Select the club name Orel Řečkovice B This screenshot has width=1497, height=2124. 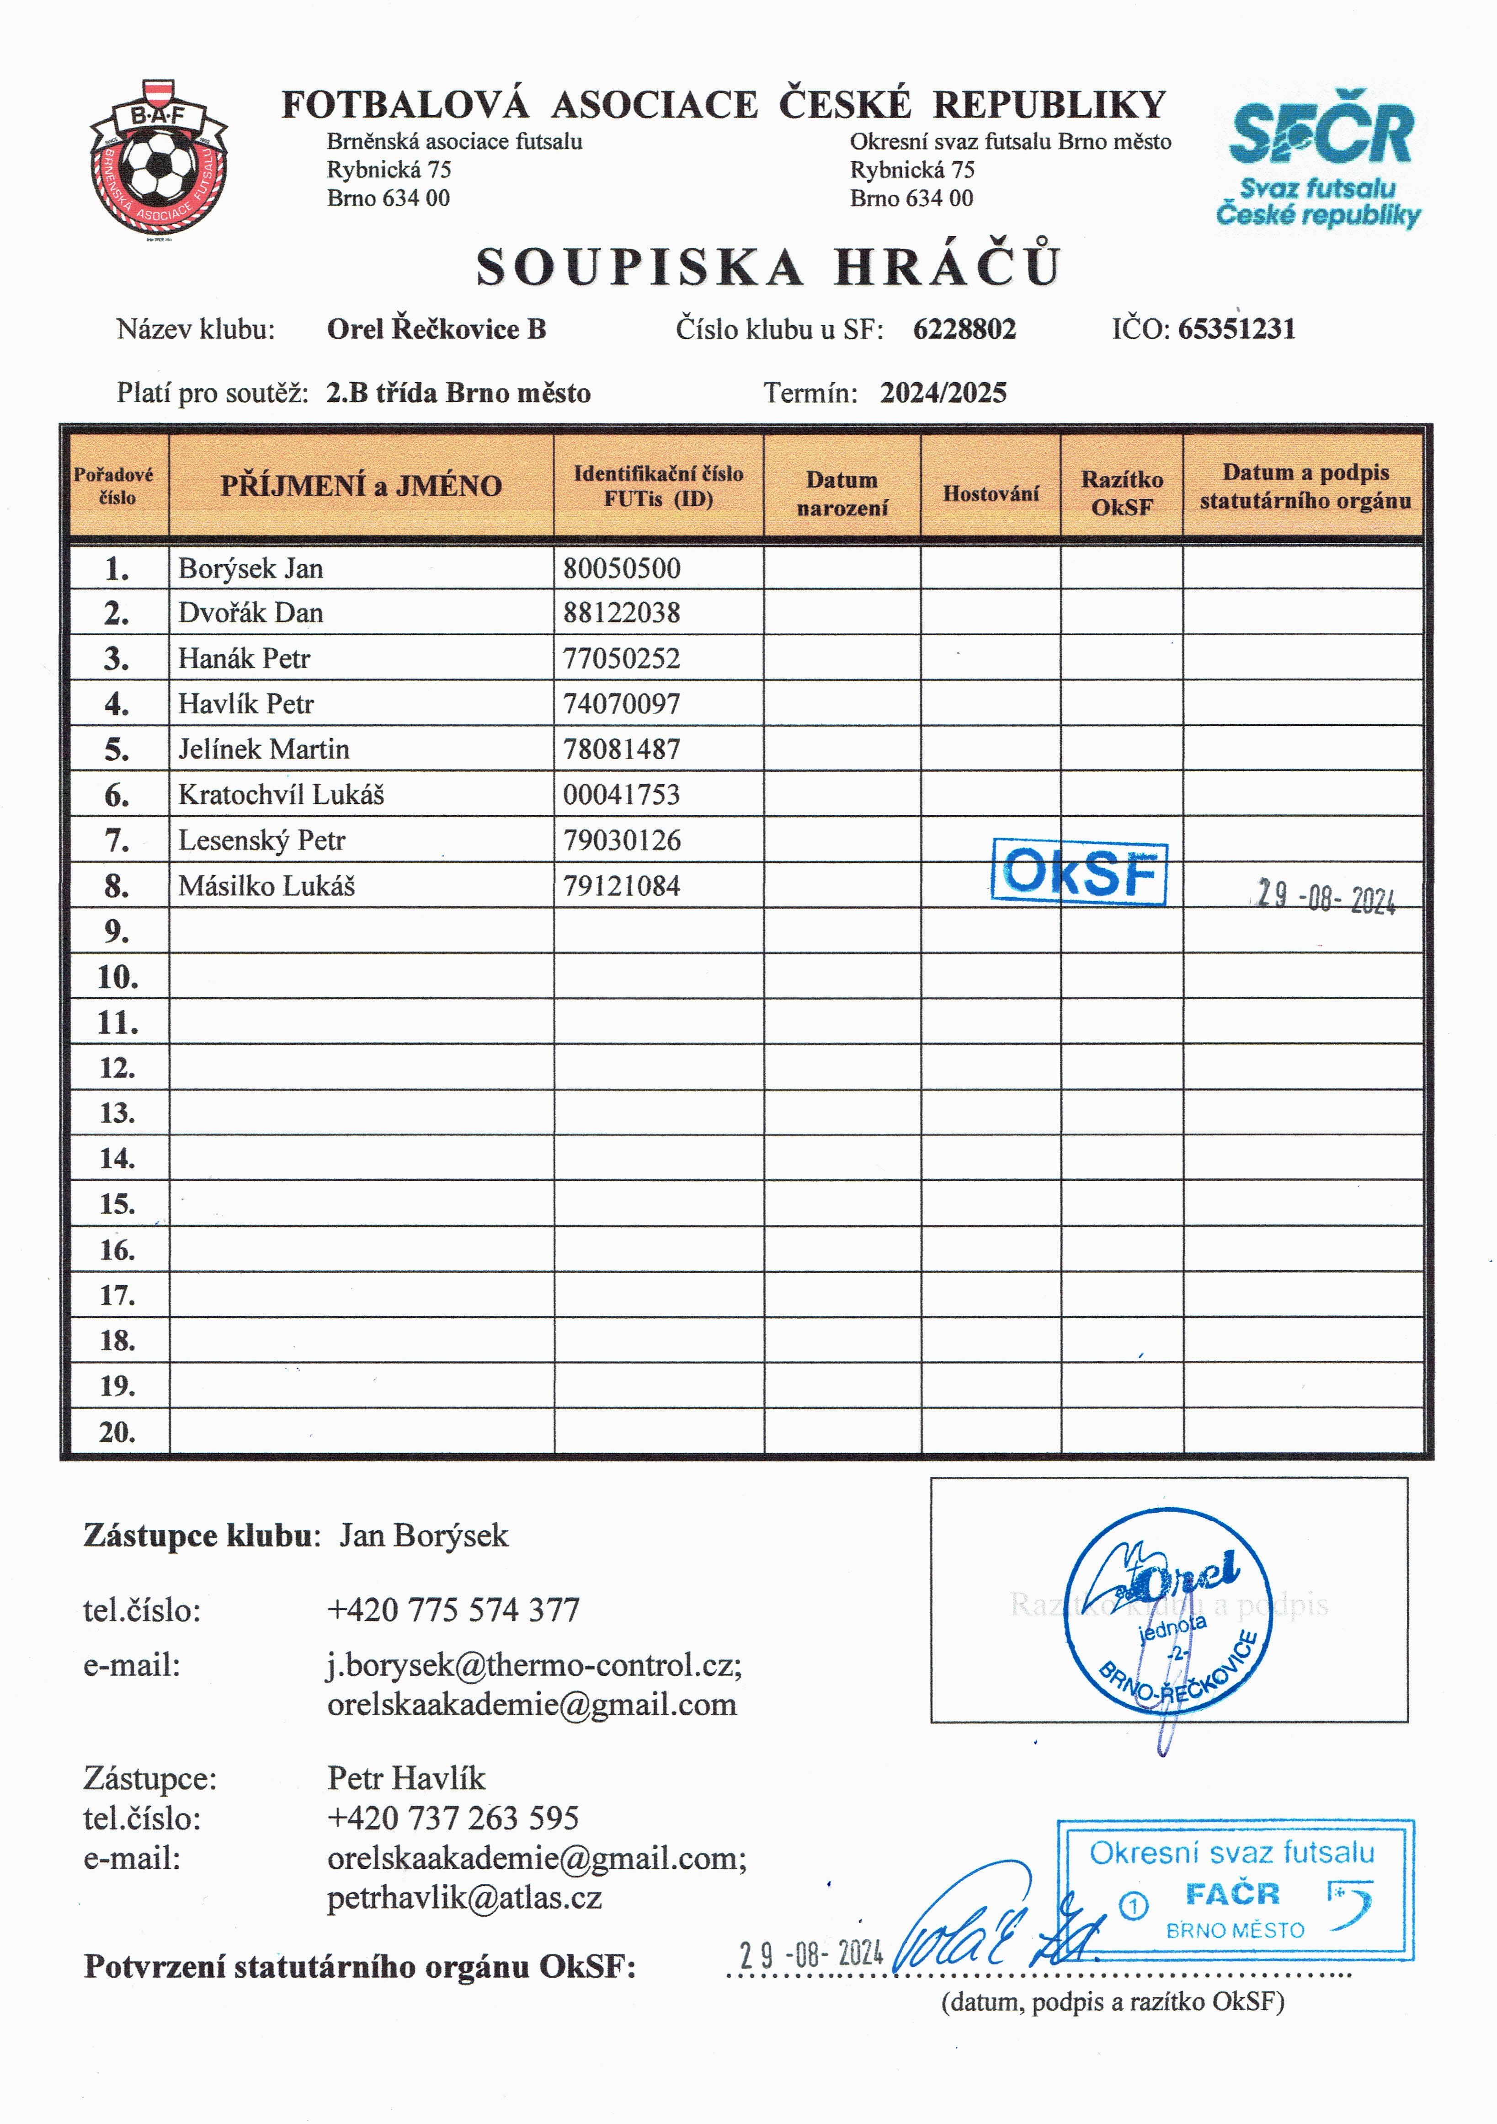click(x=437, y=329)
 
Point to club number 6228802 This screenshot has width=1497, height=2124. click(x=964, y=329)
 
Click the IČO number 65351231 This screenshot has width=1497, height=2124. click(x=1236, y=329)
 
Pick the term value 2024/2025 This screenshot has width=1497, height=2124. click(x=943, y=393)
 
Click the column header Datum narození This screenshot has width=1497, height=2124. click(x=842, y=493)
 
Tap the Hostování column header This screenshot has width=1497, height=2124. click(x=990, y=493)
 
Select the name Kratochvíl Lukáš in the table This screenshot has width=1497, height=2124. click(x=281, y=795)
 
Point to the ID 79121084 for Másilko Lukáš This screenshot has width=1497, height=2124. click(x=621, y=886)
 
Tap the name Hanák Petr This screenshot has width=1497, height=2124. click(x=244, y=658)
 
